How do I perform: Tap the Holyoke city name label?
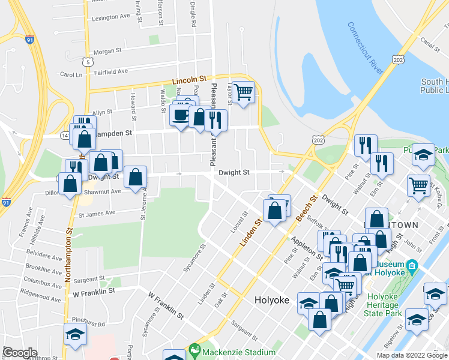273,300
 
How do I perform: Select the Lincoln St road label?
189,79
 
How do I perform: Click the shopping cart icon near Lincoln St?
243,92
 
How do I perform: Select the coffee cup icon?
180,115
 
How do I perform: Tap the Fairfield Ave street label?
111,71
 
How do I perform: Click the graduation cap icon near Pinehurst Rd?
76,334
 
